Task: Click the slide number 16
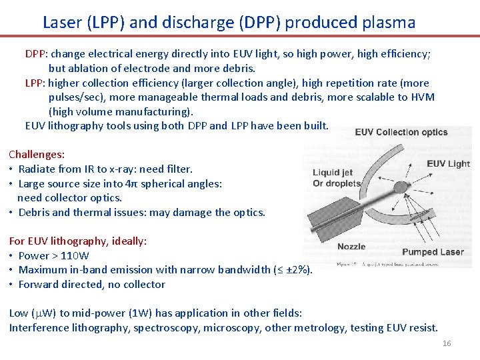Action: point(447,343)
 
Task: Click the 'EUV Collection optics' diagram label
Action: point(401,132)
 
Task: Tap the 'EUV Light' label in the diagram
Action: point(449,164)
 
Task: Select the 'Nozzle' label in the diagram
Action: point(351,246)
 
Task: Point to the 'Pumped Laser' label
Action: point(433,252)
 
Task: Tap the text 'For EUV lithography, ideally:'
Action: point(78,241)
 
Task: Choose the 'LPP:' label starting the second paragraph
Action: point(35,83)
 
